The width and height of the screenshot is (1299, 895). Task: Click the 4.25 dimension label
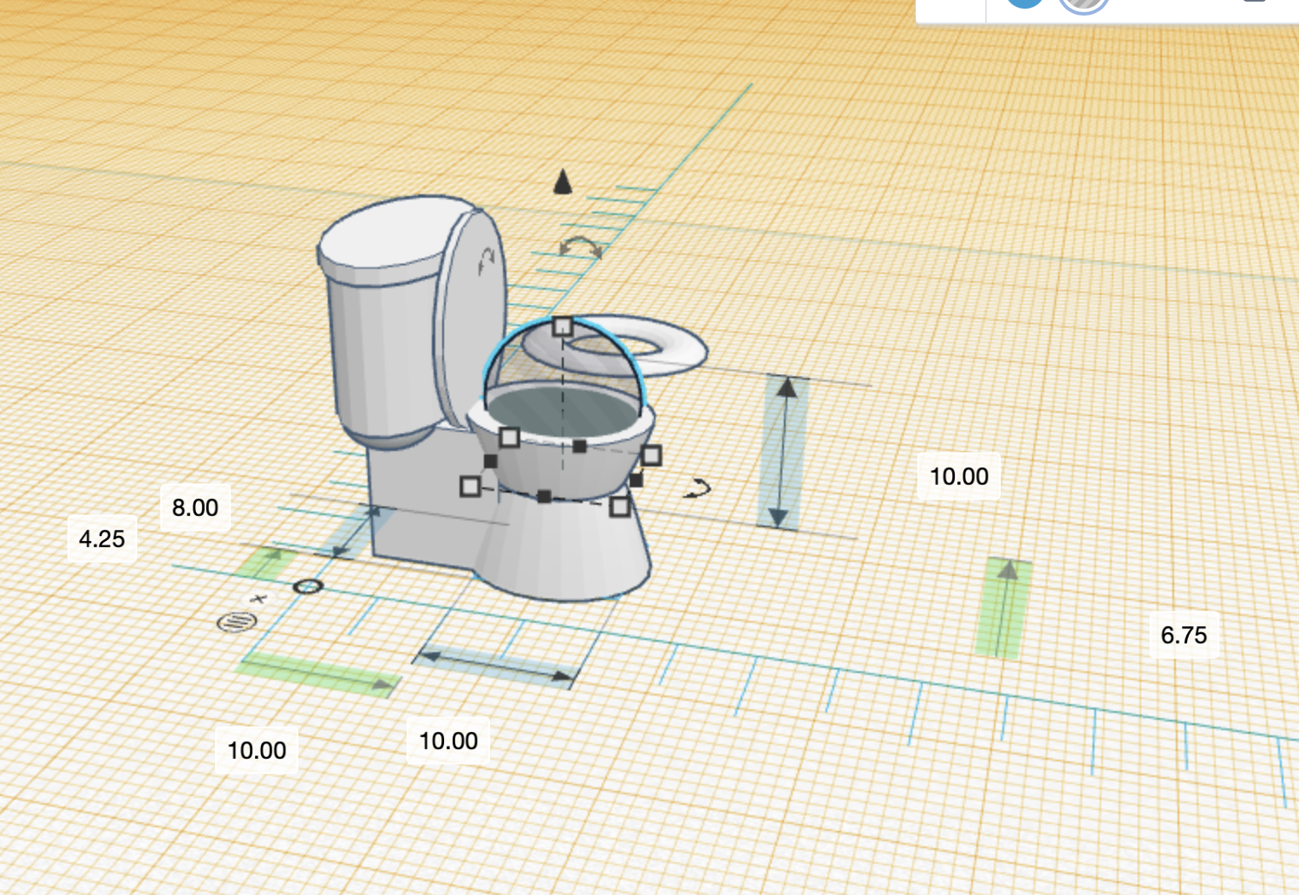click(x=102, y=539)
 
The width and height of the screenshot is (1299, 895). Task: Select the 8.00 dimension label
click(x=195, y=507)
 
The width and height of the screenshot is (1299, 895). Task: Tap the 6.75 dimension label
click(x=1184, y=635)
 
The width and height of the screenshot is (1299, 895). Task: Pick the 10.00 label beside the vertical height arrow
click(x=959, y=476)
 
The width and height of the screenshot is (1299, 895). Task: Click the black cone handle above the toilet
click(x=563, y=181)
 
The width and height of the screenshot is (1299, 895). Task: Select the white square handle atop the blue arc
click(x=563, y=326)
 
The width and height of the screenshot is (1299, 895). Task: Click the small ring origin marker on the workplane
click(x=308, y=587)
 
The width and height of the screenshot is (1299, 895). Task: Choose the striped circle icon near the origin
click(x=237, y=621)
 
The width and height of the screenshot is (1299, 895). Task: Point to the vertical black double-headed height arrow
click(x=784, y=452)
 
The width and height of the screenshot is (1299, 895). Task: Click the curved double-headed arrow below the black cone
click(x=580, y=247)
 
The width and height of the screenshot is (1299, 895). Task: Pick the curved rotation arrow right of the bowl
click(x=697, y=489)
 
